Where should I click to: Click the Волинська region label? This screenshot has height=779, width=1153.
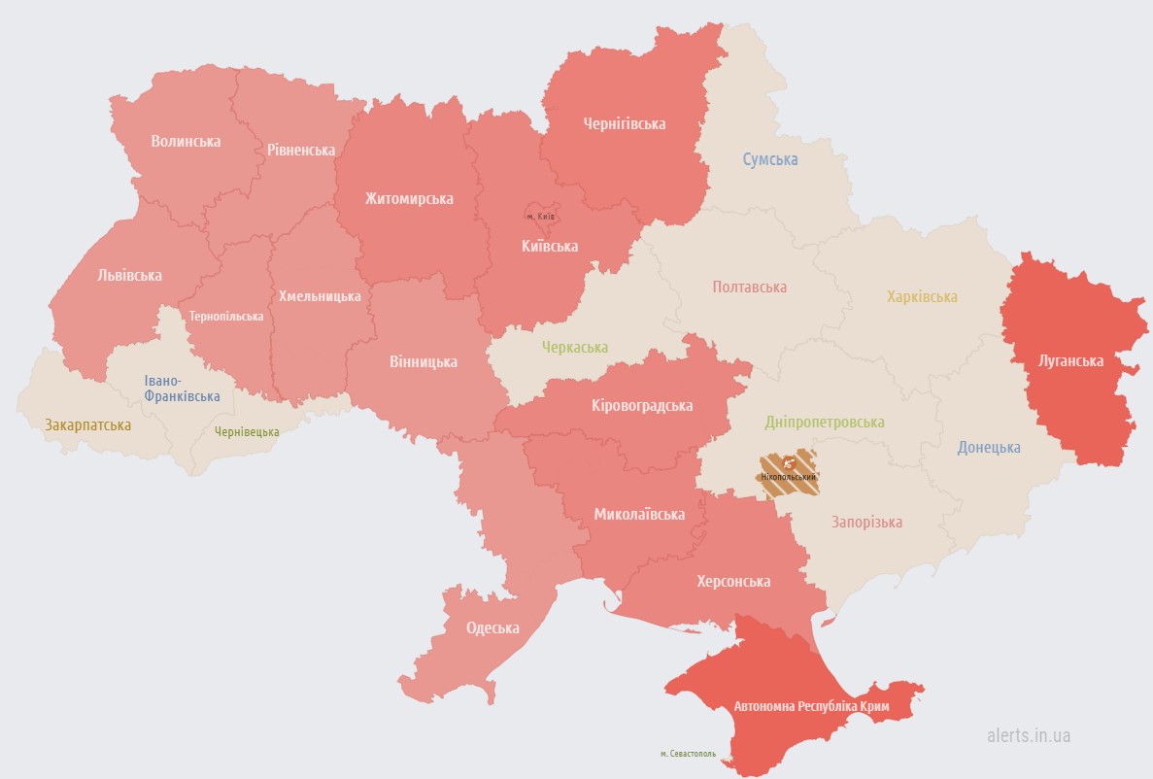click(186, 141)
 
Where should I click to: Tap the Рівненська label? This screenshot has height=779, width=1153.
click(301, 150)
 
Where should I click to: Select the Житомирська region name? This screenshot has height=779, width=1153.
click(409, 199)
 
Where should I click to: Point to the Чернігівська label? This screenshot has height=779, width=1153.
click(624, 124)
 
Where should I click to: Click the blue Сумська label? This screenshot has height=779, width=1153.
click(770, 159)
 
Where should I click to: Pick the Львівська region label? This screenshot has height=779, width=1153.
click(129, 275)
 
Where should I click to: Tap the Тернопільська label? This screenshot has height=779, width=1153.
click(226, 317)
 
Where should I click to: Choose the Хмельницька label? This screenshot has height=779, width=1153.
click(320, 296)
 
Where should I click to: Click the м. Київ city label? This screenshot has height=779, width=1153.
click(540, 216)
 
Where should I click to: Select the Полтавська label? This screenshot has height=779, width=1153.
click(749, 287)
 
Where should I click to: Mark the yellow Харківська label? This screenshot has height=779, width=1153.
click(922, 296)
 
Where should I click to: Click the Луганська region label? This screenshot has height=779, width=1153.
click(1070, 360)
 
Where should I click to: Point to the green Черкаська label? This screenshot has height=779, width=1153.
click(575, 347)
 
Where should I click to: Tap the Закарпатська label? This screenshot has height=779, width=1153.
click(87, 424)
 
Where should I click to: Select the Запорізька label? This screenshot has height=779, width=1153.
click(866, 522)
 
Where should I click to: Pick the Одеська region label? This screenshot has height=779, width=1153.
click(492, 627)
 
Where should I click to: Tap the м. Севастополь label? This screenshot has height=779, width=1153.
click(688, 753)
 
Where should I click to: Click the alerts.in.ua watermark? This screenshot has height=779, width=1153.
click(1028, 735)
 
